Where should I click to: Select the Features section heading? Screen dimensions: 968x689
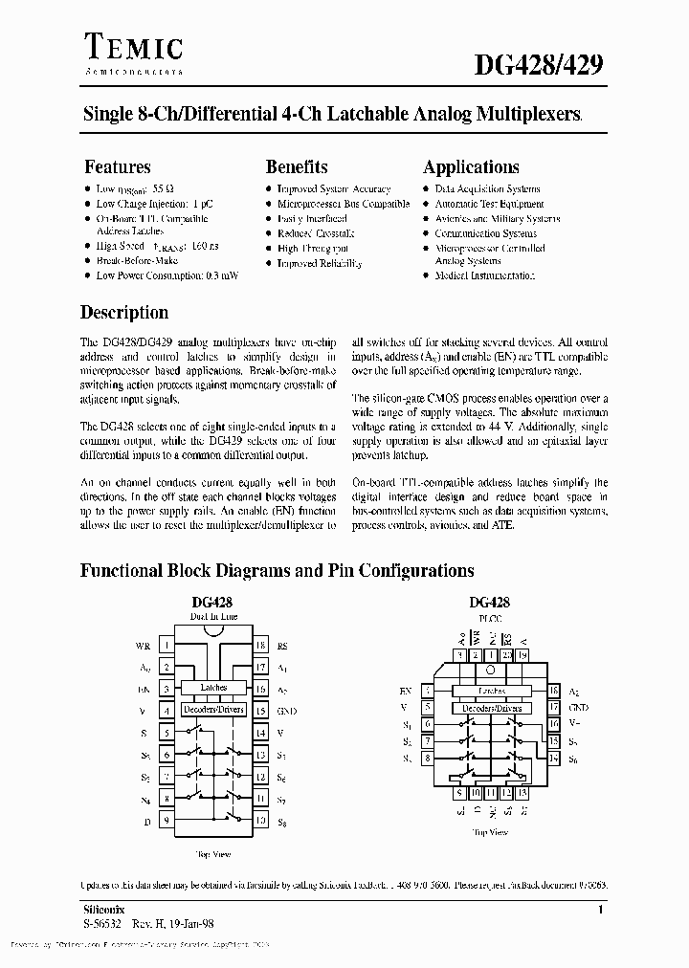(x=117, y=166)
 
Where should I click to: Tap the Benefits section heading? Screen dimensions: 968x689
(x=297, y=166)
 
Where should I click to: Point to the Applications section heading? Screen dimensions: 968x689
(x=471, y=166)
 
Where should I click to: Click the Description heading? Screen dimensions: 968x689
(x=124, y=312)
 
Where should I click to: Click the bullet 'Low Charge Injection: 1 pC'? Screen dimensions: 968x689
(x=154, y=204)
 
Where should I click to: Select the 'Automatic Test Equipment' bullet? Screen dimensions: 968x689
(x=489, y=204)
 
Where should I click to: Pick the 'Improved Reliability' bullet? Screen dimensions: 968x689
(x=320, y=263)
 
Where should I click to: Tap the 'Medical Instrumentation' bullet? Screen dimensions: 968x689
(x=484, y=275)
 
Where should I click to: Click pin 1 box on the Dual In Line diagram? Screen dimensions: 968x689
(x=167, y=646)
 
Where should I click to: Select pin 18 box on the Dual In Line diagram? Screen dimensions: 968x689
(x=259, y=646)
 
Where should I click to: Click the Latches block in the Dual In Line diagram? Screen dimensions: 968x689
(x=212, y=688)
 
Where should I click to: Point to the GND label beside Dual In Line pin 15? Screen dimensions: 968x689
(x=287, y=711)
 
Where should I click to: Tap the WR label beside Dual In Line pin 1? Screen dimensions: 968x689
(x=144, y=646)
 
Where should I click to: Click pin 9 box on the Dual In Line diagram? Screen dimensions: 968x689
(x=167, y=821)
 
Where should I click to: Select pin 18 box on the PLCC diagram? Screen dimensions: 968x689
(x=553, y=690)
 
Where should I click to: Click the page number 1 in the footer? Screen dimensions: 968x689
(x=600, y=911)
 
